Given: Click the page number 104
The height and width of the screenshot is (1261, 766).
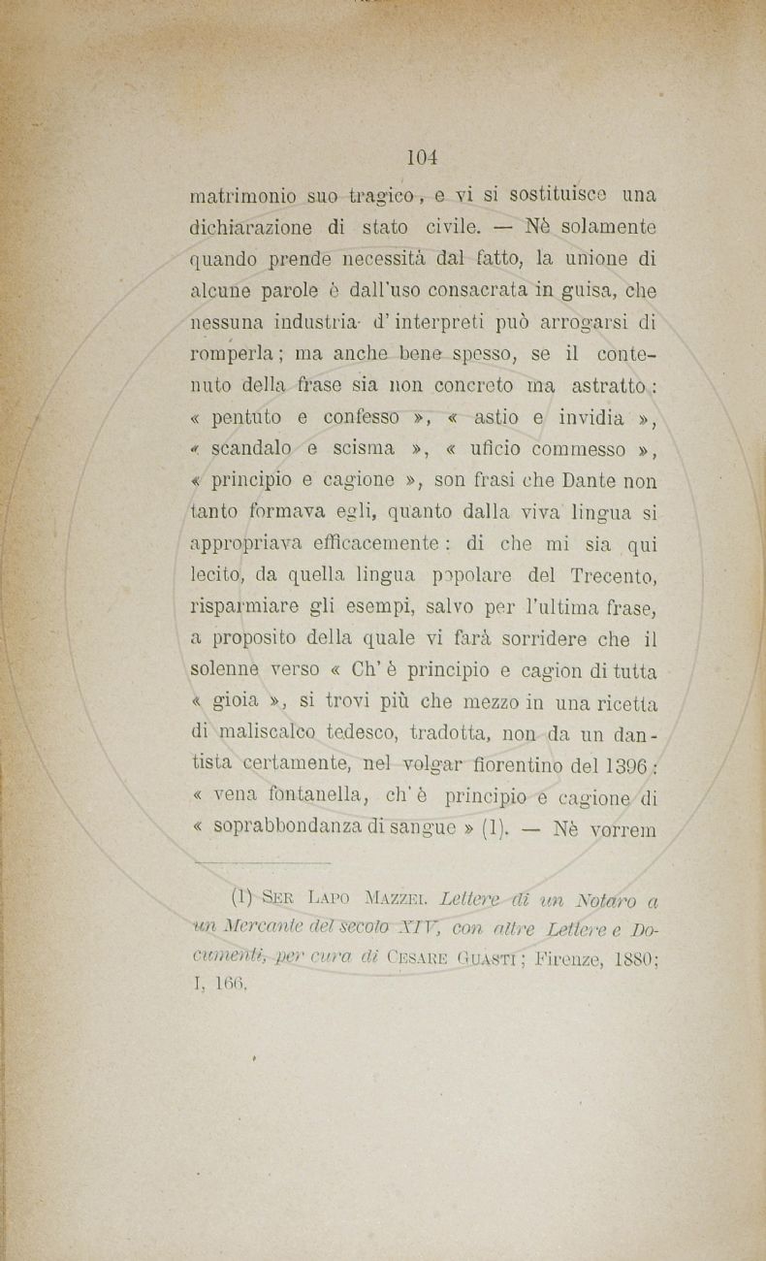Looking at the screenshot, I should tap(424, 155).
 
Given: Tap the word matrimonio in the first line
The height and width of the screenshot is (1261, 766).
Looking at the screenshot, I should tap(240, 195).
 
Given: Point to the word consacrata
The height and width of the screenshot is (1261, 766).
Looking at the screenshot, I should tap(475, 289).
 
